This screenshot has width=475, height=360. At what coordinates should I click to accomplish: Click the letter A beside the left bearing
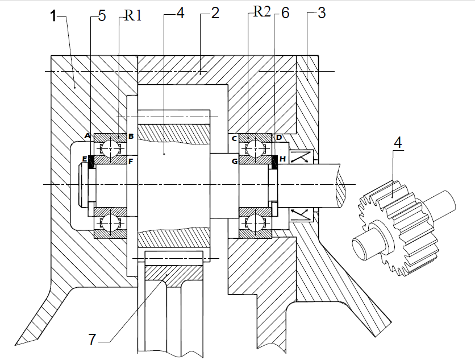(87, 136)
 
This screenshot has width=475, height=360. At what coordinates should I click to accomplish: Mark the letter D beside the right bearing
(278, 138)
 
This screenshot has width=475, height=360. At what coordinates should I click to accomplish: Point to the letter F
(131, 162)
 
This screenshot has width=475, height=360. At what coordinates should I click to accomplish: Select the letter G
(234, 162)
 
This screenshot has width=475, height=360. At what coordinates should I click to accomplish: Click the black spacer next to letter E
(90, 162)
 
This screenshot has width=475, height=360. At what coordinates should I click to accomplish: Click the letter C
(234, 138)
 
